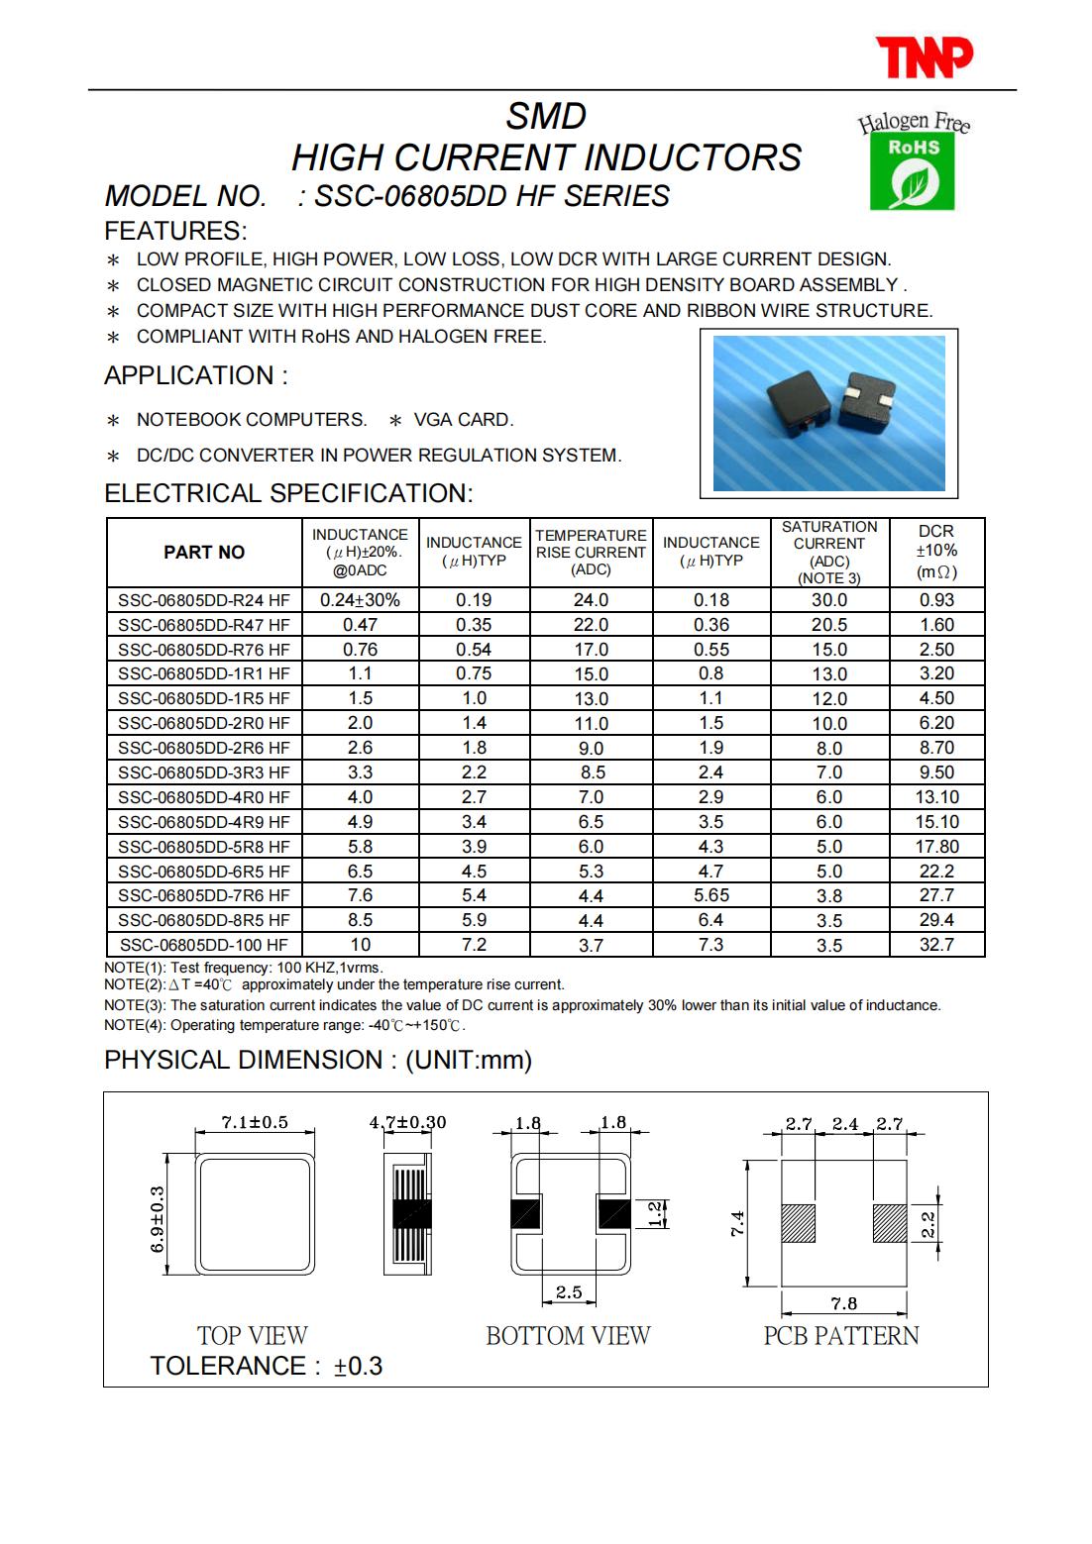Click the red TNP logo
[925, 57]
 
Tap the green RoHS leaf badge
[912, 172]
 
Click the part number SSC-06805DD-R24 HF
[204, 599]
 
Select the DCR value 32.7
[936, 944]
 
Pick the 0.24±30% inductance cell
[360, 599]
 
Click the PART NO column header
[204, 553]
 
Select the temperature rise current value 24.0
[591, 599]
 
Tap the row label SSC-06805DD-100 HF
[204, 945]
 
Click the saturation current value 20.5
[829, 624]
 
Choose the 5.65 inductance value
[710, 895]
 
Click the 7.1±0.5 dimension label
[255, 1122]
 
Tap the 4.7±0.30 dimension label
[407, 1122]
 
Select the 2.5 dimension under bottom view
[569, 1291]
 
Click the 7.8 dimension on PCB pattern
[844, 1303]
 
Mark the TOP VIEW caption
[253, 1335]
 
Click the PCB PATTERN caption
[841, 1335]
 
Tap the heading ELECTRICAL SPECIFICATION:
[288, 493]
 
